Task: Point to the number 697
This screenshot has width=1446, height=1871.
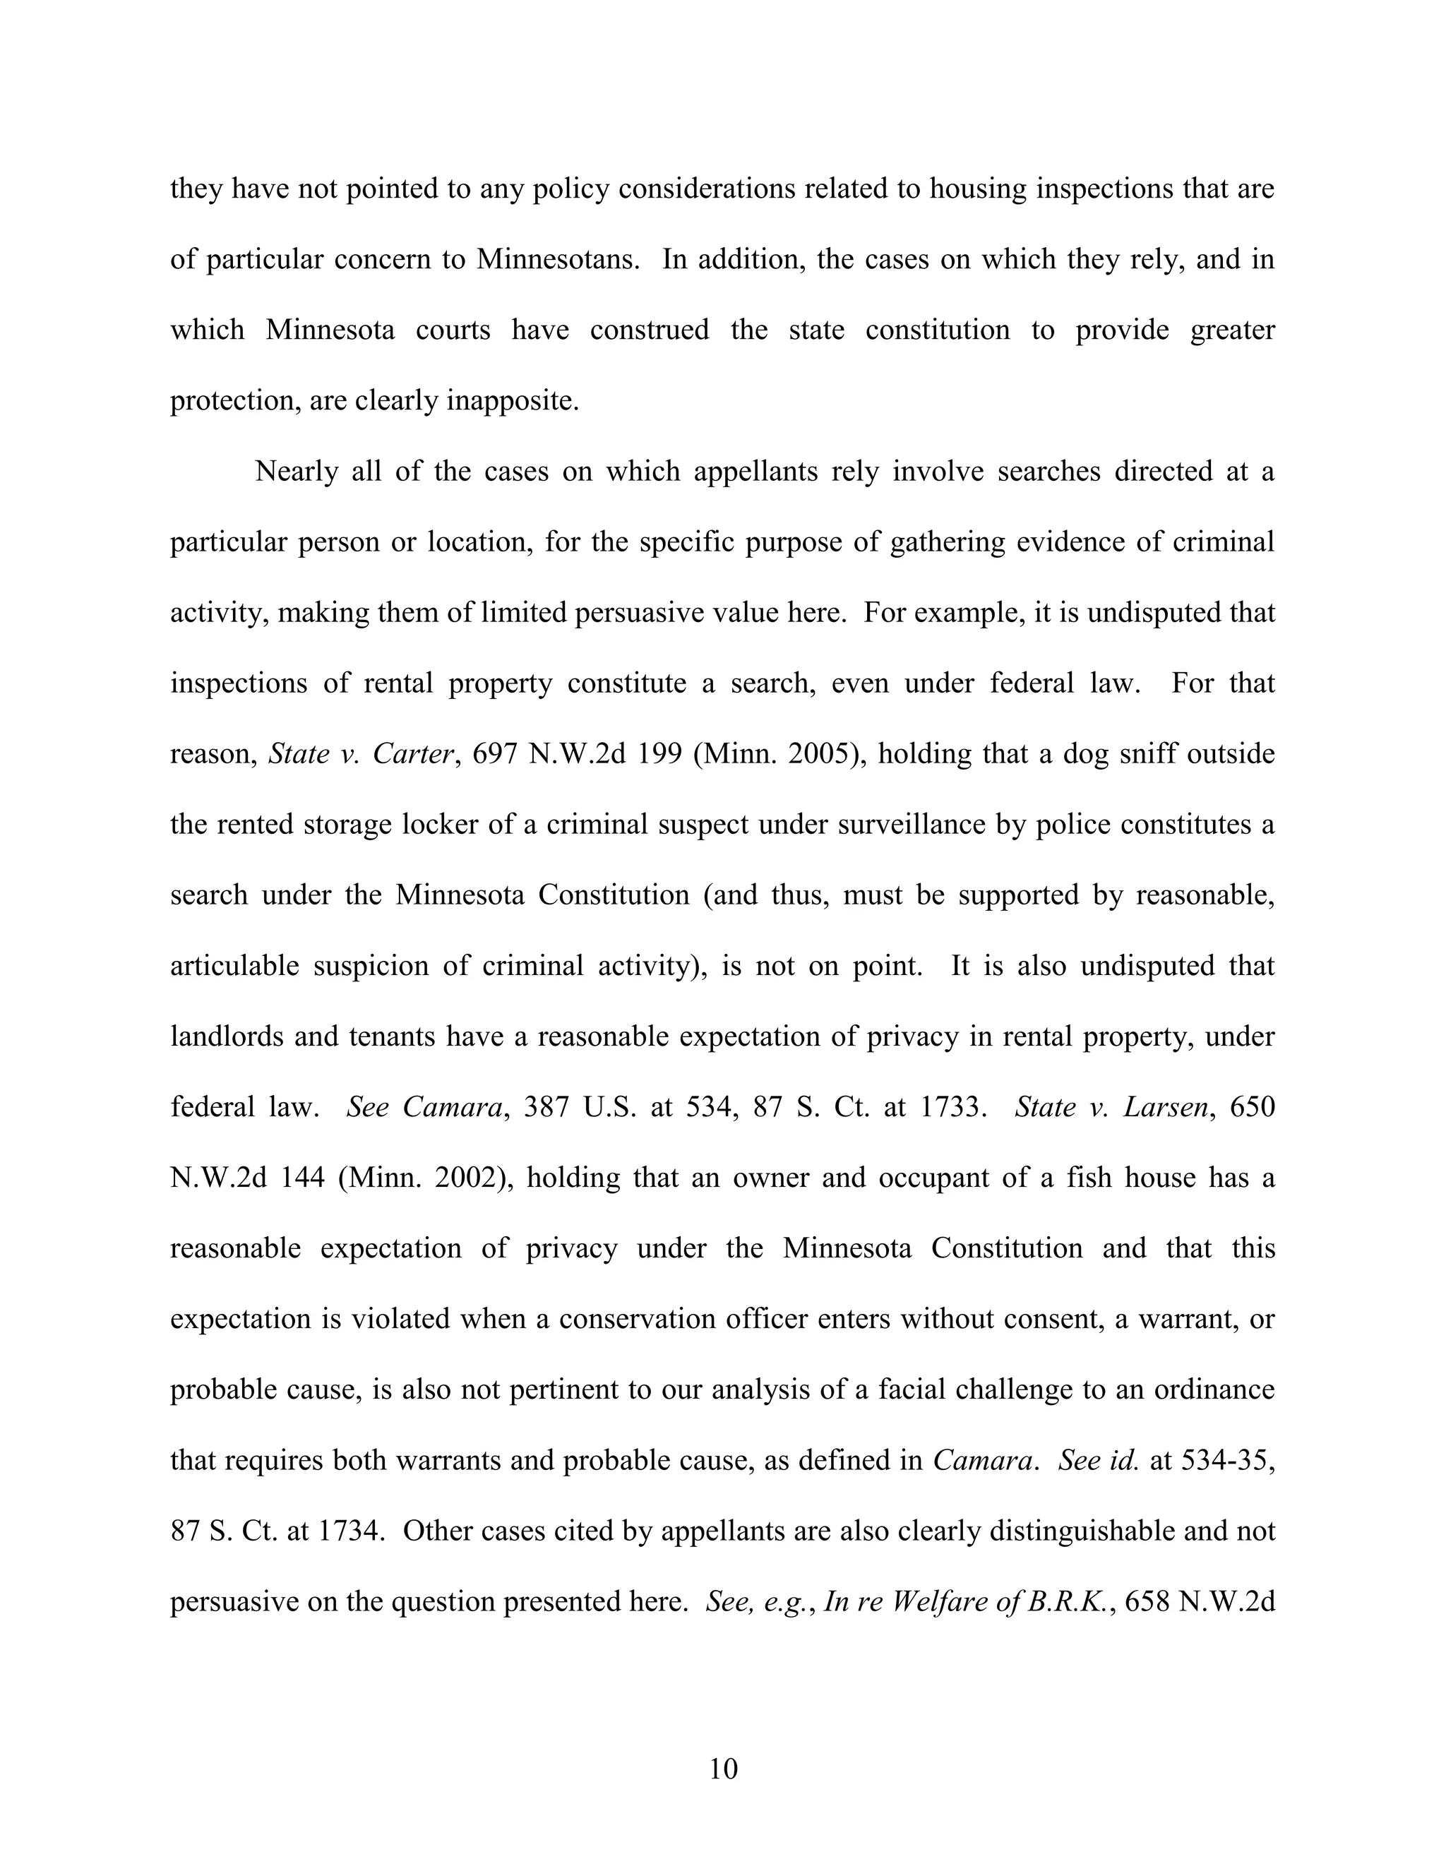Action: point(496,755)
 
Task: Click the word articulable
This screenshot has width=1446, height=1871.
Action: point(234,967)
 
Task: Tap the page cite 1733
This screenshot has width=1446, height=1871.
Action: point(949,1108)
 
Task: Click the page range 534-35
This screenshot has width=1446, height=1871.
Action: point(1226,1461)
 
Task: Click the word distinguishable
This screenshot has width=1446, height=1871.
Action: point(1080,1531)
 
